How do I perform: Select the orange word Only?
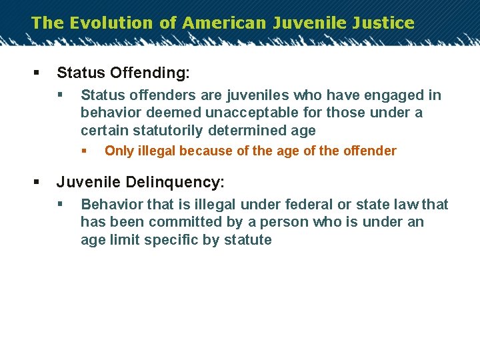click(x=119, y=151)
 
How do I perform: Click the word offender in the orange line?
click(x=369, y=151)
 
